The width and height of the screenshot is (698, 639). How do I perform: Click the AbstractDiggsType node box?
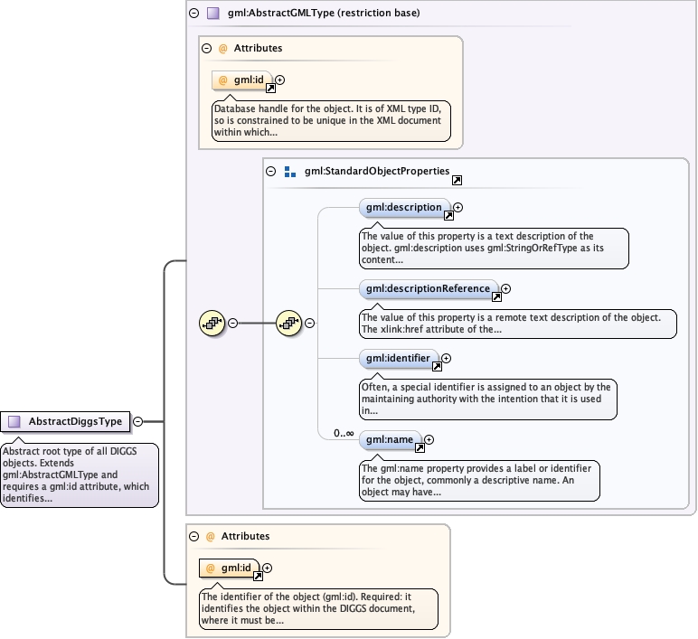tap(65, 421)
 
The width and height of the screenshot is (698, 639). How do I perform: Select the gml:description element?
tap(404, 208)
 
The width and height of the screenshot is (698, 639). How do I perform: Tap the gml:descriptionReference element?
tap(429, 289)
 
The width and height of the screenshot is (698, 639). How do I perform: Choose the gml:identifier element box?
tap(399, 359)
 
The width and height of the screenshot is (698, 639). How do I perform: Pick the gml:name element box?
tap(390, 440)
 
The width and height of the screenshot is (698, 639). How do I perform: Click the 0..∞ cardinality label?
tap(344, 433)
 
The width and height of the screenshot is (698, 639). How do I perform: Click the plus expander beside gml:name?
tap(429, 439)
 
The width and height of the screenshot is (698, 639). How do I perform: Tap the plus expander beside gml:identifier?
tap(446, 358)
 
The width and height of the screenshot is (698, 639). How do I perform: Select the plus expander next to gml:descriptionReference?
tap(505, 289)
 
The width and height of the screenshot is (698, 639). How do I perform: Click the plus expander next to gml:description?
tap(457, 207)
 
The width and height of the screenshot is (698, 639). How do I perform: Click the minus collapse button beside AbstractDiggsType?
tap(138, 421)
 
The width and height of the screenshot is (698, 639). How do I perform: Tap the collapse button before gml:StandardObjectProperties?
tap(270, 172)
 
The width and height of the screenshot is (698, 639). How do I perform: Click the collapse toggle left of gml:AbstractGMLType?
tap(194, 13)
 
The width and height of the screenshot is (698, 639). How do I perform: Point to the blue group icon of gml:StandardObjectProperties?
tap(290, 172)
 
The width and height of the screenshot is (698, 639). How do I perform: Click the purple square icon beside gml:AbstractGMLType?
tap(213, 13)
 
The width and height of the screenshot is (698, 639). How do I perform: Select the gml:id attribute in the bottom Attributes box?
tap(230, 569)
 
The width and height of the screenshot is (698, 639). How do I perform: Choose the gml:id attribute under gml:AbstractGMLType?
tap(241, 80)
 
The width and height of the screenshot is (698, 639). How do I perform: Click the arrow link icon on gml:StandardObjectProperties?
tap(457, 180)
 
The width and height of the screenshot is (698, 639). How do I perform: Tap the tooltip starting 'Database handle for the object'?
tap(331, 120)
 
